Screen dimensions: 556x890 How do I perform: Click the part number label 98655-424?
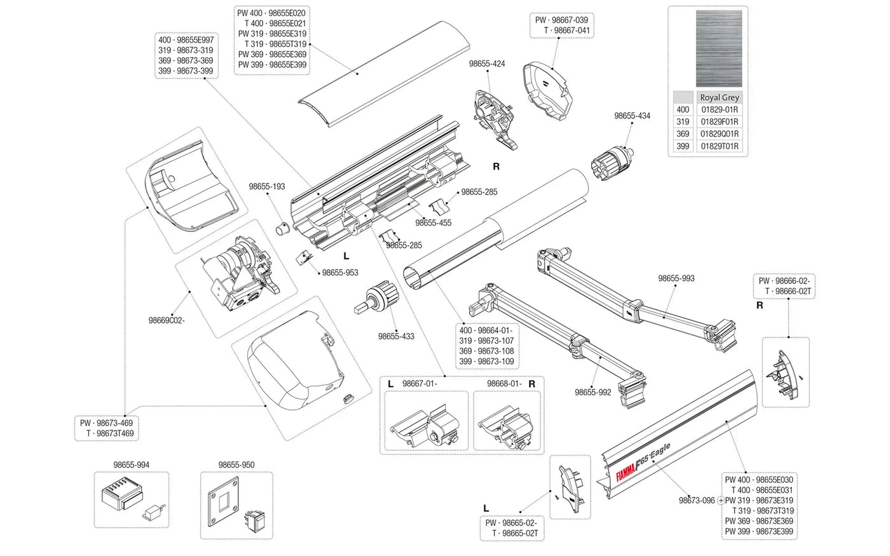tap(487, 64)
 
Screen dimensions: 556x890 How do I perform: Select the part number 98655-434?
tap(632, 116)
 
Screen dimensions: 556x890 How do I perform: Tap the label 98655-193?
tap(267, 187)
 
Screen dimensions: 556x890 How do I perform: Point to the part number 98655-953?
tap(340, 273)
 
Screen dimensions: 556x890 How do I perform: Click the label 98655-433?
tap(395, 336)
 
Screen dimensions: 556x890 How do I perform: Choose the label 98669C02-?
tap(167, 320)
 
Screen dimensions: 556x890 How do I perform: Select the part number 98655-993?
tap(676, 278)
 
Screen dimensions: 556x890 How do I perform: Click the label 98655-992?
tap(593, 392)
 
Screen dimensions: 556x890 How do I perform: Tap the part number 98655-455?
tap(434, 223)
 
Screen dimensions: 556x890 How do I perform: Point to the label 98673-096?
tap(697, 501)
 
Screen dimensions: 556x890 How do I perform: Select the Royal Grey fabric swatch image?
tap(720, 49)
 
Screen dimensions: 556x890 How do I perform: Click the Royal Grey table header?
tap(720, 97)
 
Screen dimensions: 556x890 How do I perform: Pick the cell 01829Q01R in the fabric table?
tap(720, 134)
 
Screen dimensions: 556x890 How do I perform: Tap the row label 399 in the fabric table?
tap(683, 146)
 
